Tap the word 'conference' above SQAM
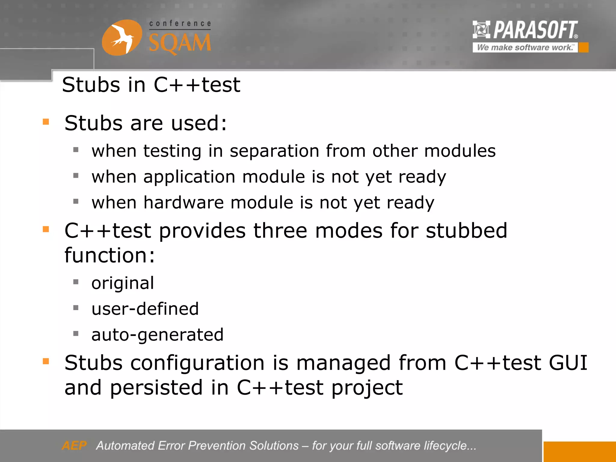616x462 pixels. [180, 24]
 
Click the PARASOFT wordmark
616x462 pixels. [535, 30]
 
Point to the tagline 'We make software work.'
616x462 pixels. [525, 48]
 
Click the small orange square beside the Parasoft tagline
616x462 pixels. [584, 48]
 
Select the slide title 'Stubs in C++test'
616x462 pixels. [151, 85]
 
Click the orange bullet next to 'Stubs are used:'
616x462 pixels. [46, 122]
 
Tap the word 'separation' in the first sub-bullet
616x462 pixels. [274, 151]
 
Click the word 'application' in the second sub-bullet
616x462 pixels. [189, 177]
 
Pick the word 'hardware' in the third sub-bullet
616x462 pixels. [183, 202]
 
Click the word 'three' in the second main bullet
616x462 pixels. [280, 231]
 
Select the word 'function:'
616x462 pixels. [109, 255]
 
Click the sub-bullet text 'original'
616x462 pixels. [123, 283]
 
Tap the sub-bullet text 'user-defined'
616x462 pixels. [145, 309]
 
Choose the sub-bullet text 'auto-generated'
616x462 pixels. [157, 335]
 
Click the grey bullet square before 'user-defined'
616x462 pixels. [76, 308]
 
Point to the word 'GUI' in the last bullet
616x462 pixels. [568, 363]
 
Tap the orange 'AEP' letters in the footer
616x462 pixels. [74, 445]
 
